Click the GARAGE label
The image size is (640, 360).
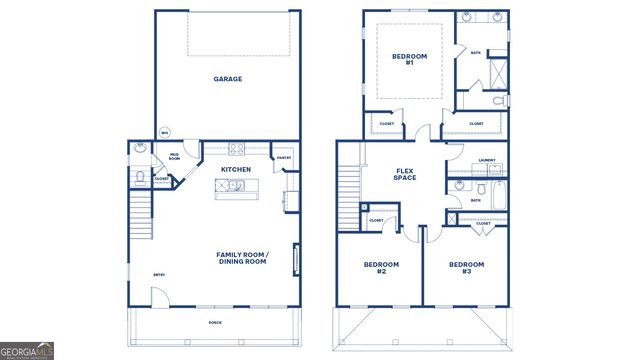tap(227, 79)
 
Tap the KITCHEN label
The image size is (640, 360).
tap(235, 170)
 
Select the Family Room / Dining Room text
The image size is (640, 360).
tap(241, 257)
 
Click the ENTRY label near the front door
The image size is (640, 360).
tap(159, 275)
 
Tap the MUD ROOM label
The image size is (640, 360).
tap(174, 156)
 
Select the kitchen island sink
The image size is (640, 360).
tap(229, 186)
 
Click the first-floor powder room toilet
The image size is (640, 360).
tap(140, 177)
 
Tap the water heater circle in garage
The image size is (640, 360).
tap(165, 132)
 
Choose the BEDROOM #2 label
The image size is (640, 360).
tap(381, 267)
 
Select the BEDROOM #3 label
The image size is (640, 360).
tap(466, 267)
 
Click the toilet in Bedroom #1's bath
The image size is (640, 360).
tap(500, 100)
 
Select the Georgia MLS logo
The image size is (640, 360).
tap(27, 351)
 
